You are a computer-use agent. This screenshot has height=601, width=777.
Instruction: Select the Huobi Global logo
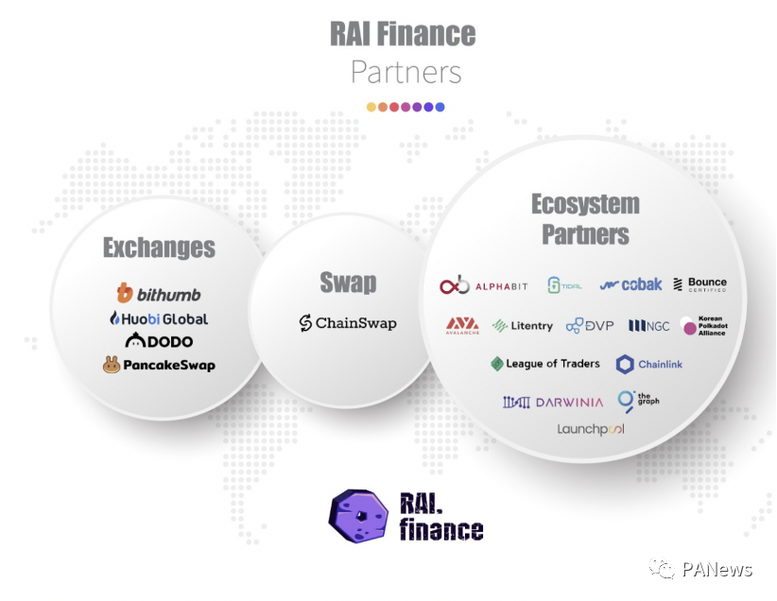(x=159, y=318)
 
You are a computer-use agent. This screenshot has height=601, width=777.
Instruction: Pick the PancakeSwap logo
(x=159, y=365)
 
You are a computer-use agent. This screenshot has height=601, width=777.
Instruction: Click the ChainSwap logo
(x=348, y=323)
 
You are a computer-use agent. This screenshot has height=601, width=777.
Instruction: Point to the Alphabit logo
(x=482, y=285)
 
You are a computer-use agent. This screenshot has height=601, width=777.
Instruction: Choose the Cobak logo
(x=630, y=284)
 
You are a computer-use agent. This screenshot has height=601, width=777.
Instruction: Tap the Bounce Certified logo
(x=699, y=284)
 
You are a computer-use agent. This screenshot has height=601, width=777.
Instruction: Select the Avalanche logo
(x=462, y=326)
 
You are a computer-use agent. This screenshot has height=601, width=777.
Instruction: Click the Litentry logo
(x=523, y=326)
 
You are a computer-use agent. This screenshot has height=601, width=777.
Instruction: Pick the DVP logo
(x=590, y=326)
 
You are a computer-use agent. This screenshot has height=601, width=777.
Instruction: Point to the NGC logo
(x=649, y=326)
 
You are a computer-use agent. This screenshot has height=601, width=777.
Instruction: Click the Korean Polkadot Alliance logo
(x=703, y=326)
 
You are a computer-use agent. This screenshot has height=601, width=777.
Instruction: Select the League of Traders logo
(x=545, y=364)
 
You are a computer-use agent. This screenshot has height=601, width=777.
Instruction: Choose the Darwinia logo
(x=553, y=402)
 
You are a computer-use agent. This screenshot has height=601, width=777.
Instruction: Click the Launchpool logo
(x=591, y=429)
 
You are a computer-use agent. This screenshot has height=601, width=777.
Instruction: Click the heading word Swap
(x=348, y=283)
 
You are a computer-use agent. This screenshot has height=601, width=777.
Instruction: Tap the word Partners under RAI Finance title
(x=406, y=72)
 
